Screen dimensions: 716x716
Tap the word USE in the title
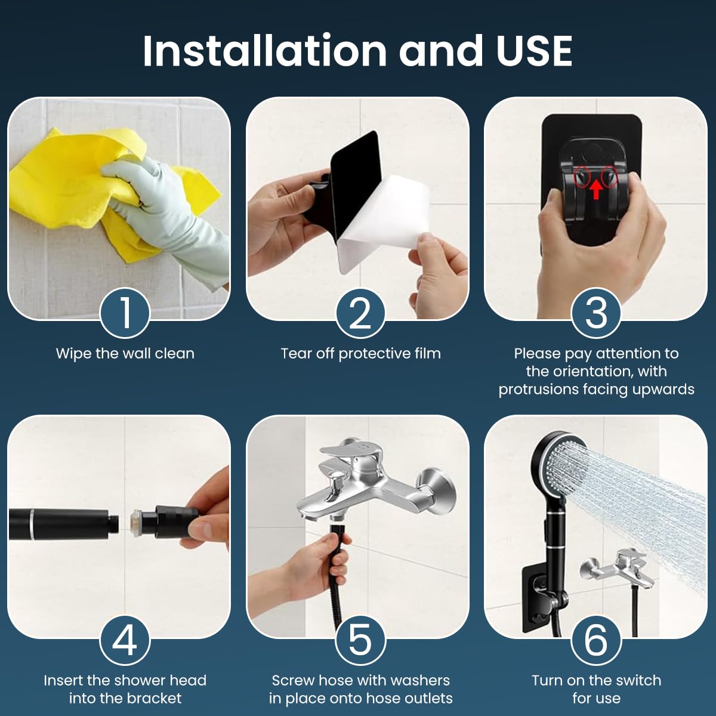coord(534,51)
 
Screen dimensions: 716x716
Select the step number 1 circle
coord(125,313)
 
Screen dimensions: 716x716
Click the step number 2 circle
coord(360,313)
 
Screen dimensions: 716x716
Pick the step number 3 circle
coord(596,313)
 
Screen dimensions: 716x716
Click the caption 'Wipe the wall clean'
coord(125,353)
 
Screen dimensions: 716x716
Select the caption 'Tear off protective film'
coord(360,353)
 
